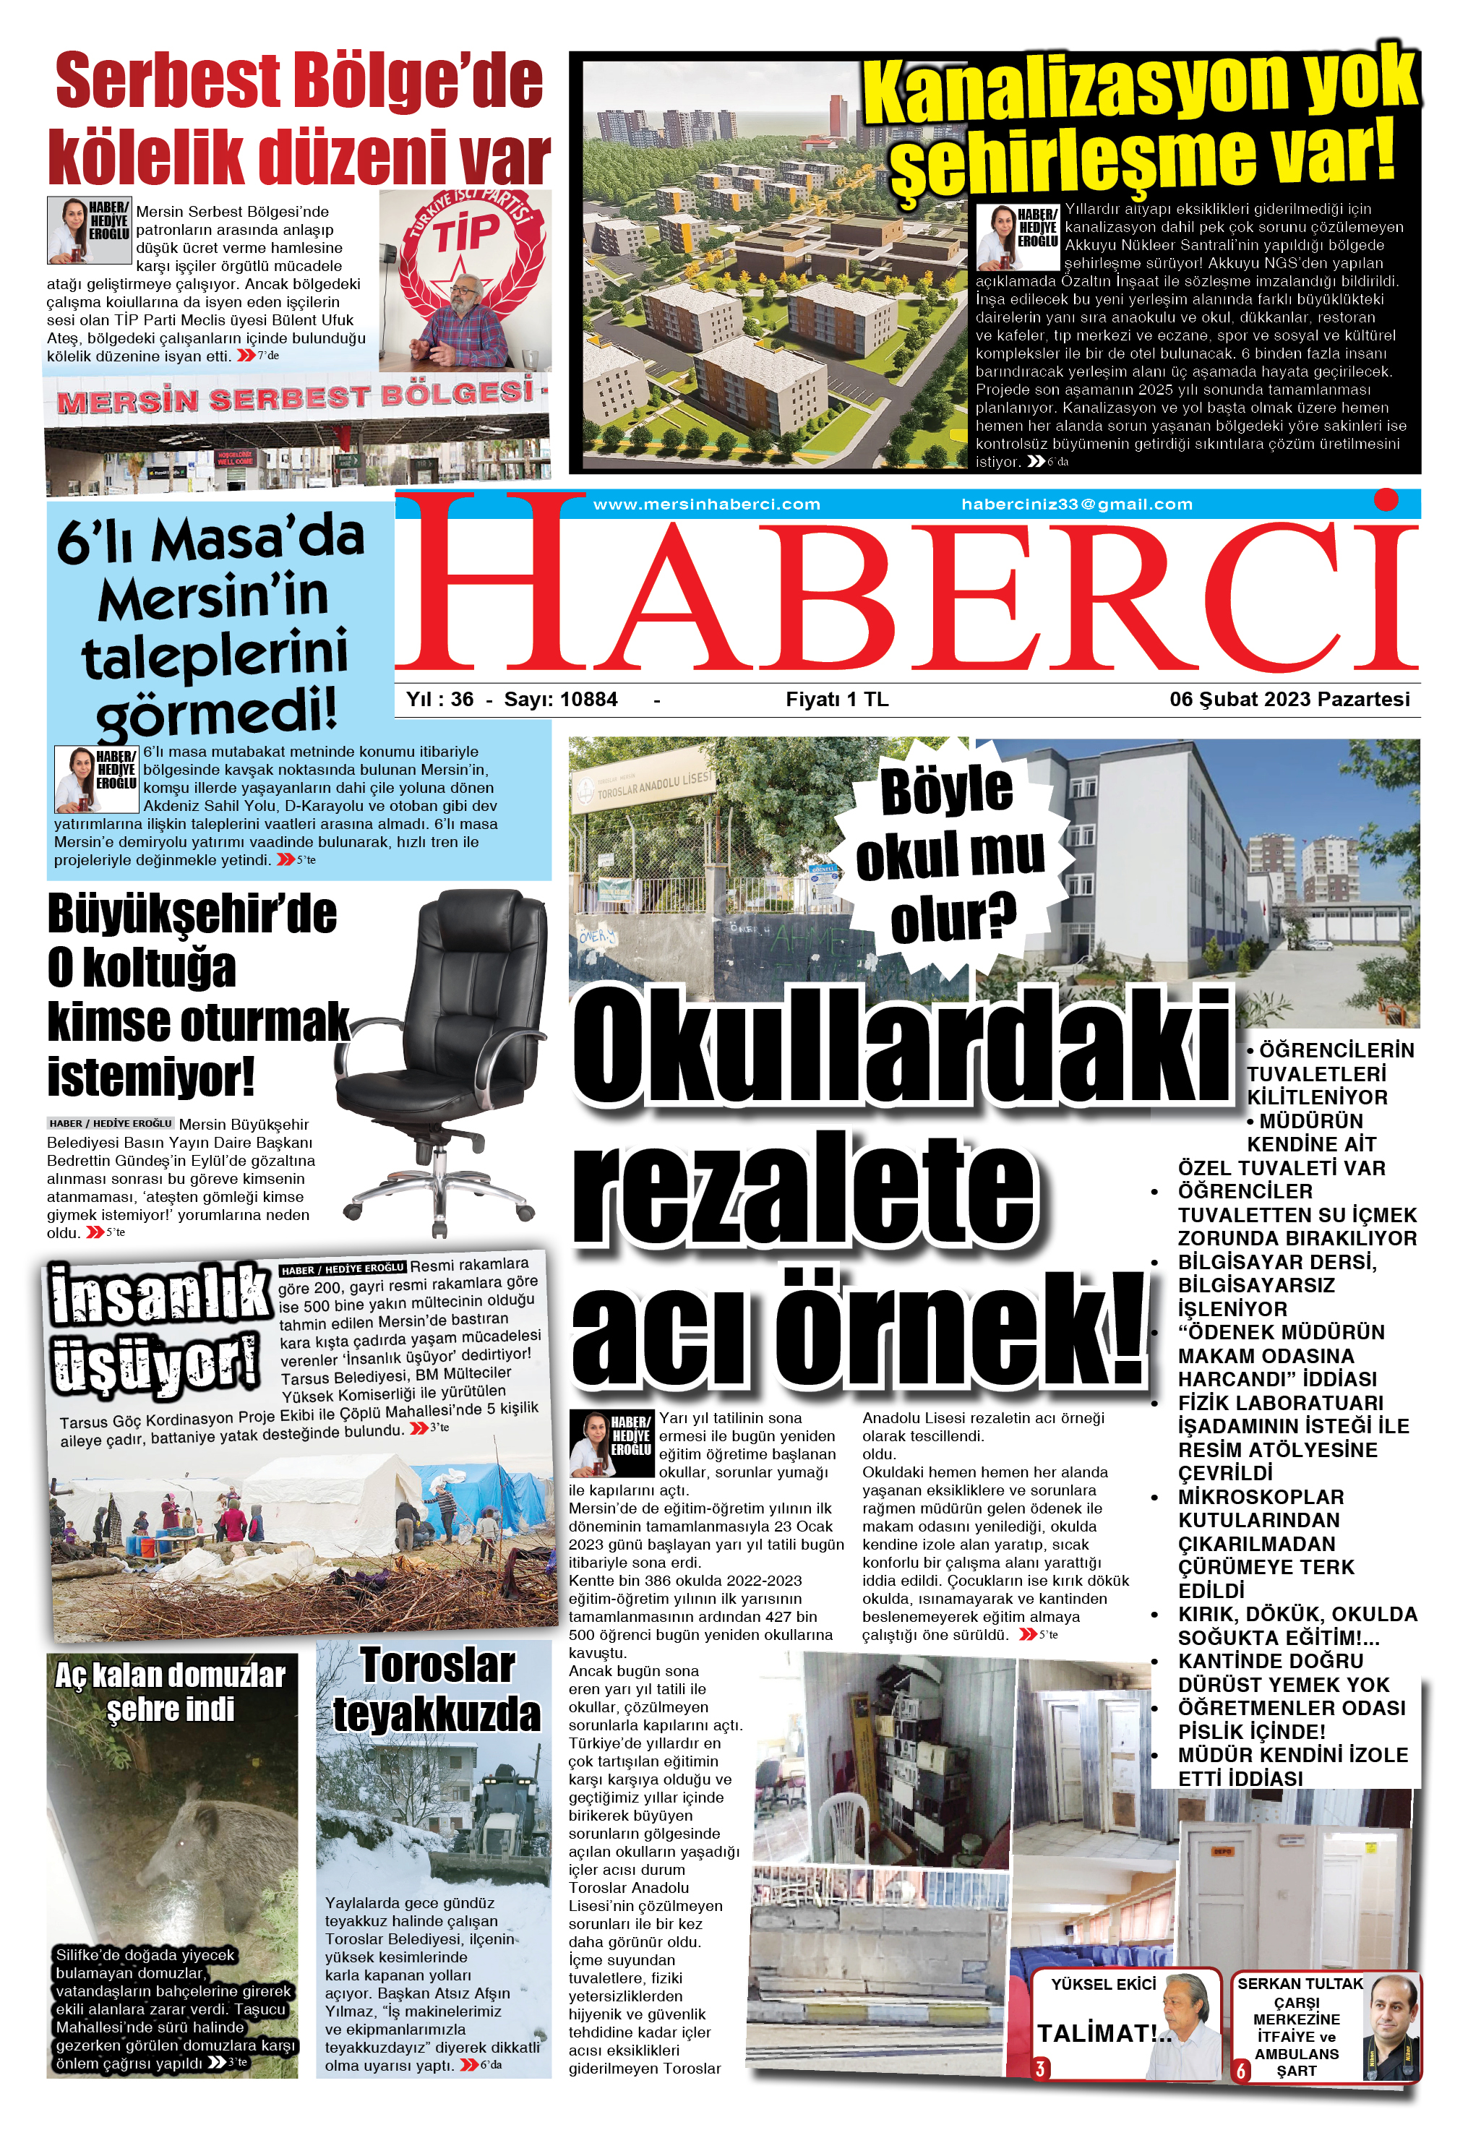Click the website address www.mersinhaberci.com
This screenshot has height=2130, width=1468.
pos(705,504)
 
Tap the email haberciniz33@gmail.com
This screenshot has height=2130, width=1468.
pos(1076,504)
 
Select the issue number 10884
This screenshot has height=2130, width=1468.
pos(588,699)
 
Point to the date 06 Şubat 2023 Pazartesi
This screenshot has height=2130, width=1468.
pos(1289,699)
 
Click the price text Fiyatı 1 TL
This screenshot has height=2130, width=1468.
pos(836,699)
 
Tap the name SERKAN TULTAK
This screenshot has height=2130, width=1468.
pos(1300,1984)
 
